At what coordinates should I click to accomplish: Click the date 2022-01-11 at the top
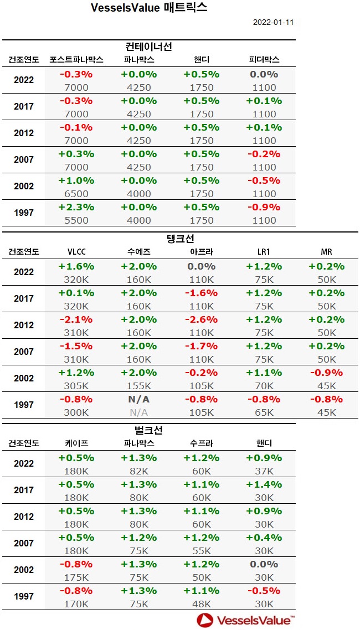click(273, 23)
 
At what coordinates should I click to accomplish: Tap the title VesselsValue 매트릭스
click(149, 8)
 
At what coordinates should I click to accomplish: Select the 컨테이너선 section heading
click(149, 47)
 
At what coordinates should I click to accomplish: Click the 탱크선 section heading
click(180, 239)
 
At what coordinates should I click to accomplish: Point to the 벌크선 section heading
click(149, 430)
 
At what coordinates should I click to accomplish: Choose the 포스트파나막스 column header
click(76, 59)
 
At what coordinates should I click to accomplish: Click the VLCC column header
click(76, 251)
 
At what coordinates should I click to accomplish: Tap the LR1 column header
click(264, 251)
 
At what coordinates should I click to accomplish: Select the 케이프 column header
click(76, 443)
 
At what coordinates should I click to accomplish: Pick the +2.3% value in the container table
click(76, 207)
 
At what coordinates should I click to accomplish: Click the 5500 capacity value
click(76, 220)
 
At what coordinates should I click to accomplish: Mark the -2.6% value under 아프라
click(201, 319)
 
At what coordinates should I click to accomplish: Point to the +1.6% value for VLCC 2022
click(76, 266)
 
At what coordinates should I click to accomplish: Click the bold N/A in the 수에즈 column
click(138, 399)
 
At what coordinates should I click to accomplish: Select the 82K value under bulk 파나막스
click(138, 471)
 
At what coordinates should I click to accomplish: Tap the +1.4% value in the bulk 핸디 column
click(264, 484)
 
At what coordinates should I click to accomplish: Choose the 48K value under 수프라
click(201, 603)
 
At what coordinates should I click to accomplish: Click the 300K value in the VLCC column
click(76, 412)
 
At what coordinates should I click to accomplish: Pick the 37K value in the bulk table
click(264, 471)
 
